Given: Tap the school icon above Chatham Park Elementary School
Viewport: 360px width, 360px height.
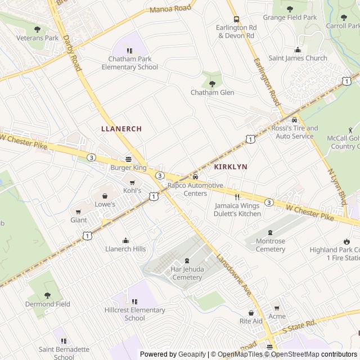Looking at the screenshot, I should (x=130, y=51).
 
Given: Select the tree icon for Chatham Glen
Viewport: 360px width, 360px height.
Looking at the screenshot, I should (x=212, y=84).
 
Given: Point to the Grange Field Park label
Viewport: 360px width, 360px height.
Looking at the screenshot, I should (x=290, y=17).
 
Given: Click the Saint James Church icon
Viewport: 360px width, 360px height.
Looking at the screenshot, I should (x=298, y=49).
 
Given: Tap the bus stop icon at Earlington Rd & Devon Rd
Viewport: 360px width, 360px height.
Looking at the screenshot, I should (x=236, y=19).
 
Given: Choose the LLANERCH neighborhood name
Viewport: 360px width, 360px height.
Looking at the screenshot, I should (x=121, y=129).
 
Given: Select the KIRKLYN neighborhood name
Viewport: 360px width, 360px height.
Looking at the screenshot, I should (x=231, y=168).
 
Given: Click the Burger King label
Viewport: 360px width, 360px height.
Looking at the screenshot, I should (x=128, y=168).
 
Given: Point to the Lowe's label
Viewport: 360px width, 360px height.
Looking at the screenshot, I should (x=105, y=204).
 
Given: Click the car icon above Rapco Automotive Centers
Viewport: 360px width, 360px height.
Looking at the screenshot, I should (x=195, y=177).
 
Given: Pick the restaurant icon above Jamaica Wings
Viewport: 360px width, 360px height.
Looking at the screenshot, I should (x=237, y=197).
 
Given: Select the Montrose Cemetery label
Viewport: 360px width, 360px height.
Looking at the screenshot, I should (x=271, y=245).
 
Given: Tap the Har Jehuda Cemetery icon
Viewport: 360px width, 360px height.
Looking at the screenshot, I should (x=187, y=260).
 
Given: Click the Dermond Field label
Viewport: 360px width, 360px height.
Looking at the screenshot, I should (x=47, y=304).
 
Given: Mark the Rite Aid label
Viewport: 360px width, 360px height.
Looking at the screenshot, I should (x=251, y=321).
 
